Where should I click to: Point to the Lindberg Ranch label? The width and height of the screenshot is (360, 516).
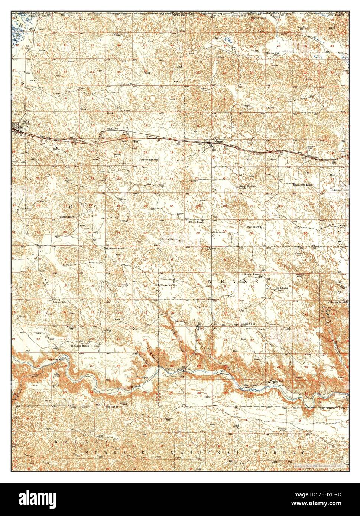tap(128, 84)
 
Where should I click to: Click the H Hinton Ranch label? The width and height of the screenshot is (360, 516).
tap(80, 345)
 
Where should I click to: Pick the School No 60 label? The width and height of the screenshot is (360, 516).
tap(249, 324)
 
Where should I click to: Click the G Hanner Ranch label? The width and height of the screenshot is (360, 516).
tap(337, 302)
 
